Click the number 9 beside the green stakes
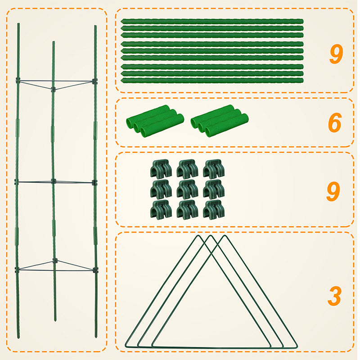coord(336,54)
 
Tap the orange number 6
coord(334,123)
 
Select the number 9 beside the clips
coord(333,191)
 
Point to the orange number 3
coord(334,296)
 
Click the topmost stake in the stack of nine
coord(212,21)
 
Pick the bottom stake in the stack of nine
coord(212,81)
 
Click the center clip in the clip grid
coord(187,189)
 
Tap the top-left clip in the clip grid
coord(161,169)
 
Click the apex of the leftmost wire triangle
coord(196,236)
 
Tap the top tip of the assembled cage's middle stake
coord(53,42)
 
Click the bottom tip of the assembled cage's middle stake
coord(55,320)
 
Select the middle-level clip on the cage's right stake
coord(95,182)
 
